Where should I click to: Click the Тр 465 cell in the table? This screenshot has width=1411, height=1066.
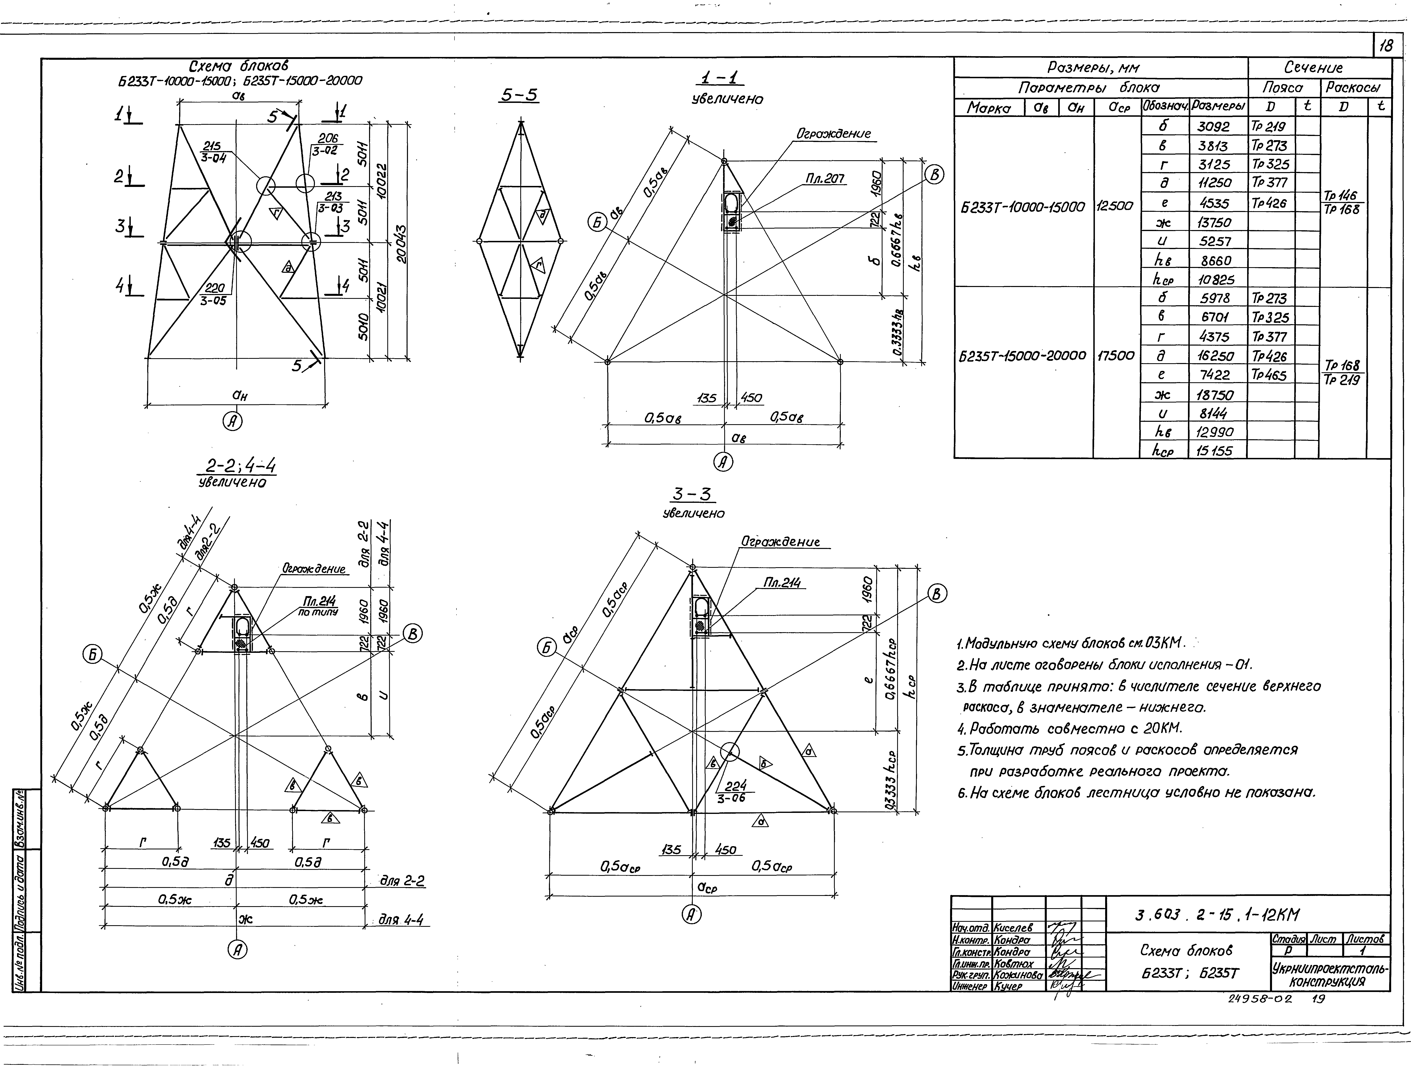tap(1269, 375)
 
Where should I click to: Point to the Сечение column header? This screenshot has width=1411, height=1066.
tap(1319, 68)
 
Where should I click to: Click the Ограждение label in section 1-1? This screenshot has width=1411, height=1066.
tap(833, 134)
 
